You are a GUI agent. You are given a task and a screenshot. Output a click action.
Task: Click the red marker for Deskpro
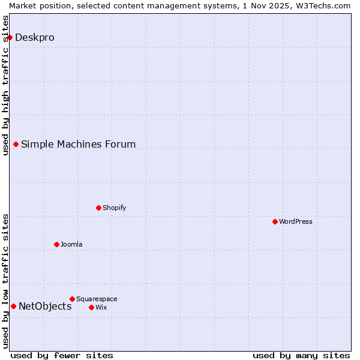[10, 37]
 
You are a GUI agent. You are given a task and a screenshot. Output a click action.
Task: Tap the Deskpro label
[34, 37]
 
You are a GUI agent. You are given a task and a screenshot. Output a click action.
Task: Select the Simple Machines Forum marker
[16, 144]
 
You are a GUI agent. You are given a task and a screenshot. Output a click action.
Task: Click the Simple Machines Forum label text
[78, 144]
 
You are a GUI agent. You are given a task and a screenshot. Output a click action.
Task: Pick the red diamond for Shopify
[98, 208]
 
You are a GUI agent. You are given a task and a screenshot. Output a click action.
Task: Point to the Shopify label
[114, 208]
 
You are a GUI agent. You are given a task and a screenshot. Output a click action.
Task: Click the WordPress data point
[275, 221]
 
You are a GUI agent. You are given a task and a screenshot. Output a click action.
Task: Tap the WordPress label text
[295, 221]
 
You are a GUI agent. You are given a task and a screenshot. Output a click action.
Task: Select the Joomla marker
[56, 244]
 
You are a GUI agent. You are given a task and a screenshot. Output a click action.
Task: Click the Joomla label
[71, 244]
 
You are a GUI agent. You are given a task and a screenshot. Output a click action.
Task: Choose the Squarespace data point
[72, 299]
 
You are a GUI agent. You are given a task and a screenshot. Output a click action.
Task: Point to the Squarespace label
[97, 299]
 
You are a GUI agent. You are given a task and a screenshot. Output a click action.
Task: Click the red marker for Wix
[91, 307]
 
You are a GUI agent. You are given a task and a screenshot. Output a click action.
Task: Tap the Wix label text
[101, 307]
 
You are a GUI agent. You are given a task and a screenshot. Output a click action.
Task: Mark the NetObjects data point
[13, 306]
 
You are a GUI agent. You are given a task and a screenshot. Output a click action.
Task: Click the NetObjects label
[45, 306]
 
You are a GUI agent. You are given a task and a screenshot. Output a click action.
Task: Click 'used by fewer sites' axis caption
[62, 355]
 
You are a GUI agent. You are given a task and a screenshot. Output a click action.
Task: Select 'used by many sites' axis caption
[301, 355]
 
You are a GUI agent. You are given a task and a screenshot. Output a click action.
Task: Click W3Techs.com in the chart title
[325, 5]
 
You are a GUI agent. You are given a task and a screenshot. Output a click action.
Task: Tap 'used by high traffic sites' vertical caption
[5, 85]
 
